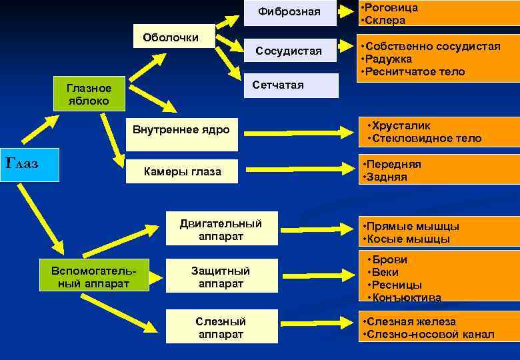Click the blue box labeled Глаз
[30, 165]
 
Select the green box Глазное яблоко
[89, 95]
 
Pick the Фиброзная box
[289, 12]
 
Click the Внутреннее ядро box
[181, 129]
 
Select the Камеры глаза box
[183, 172]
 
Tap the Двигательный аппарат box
[221, 230]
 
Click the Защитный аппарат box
[221, 277]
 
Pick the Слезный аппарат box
[221, 327]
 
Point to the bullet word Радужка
[389, 59]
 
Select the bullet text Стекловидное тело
[427, 139]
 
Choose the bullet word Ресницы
[397, 285]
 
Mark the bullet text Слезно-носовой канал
[430, 334]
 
